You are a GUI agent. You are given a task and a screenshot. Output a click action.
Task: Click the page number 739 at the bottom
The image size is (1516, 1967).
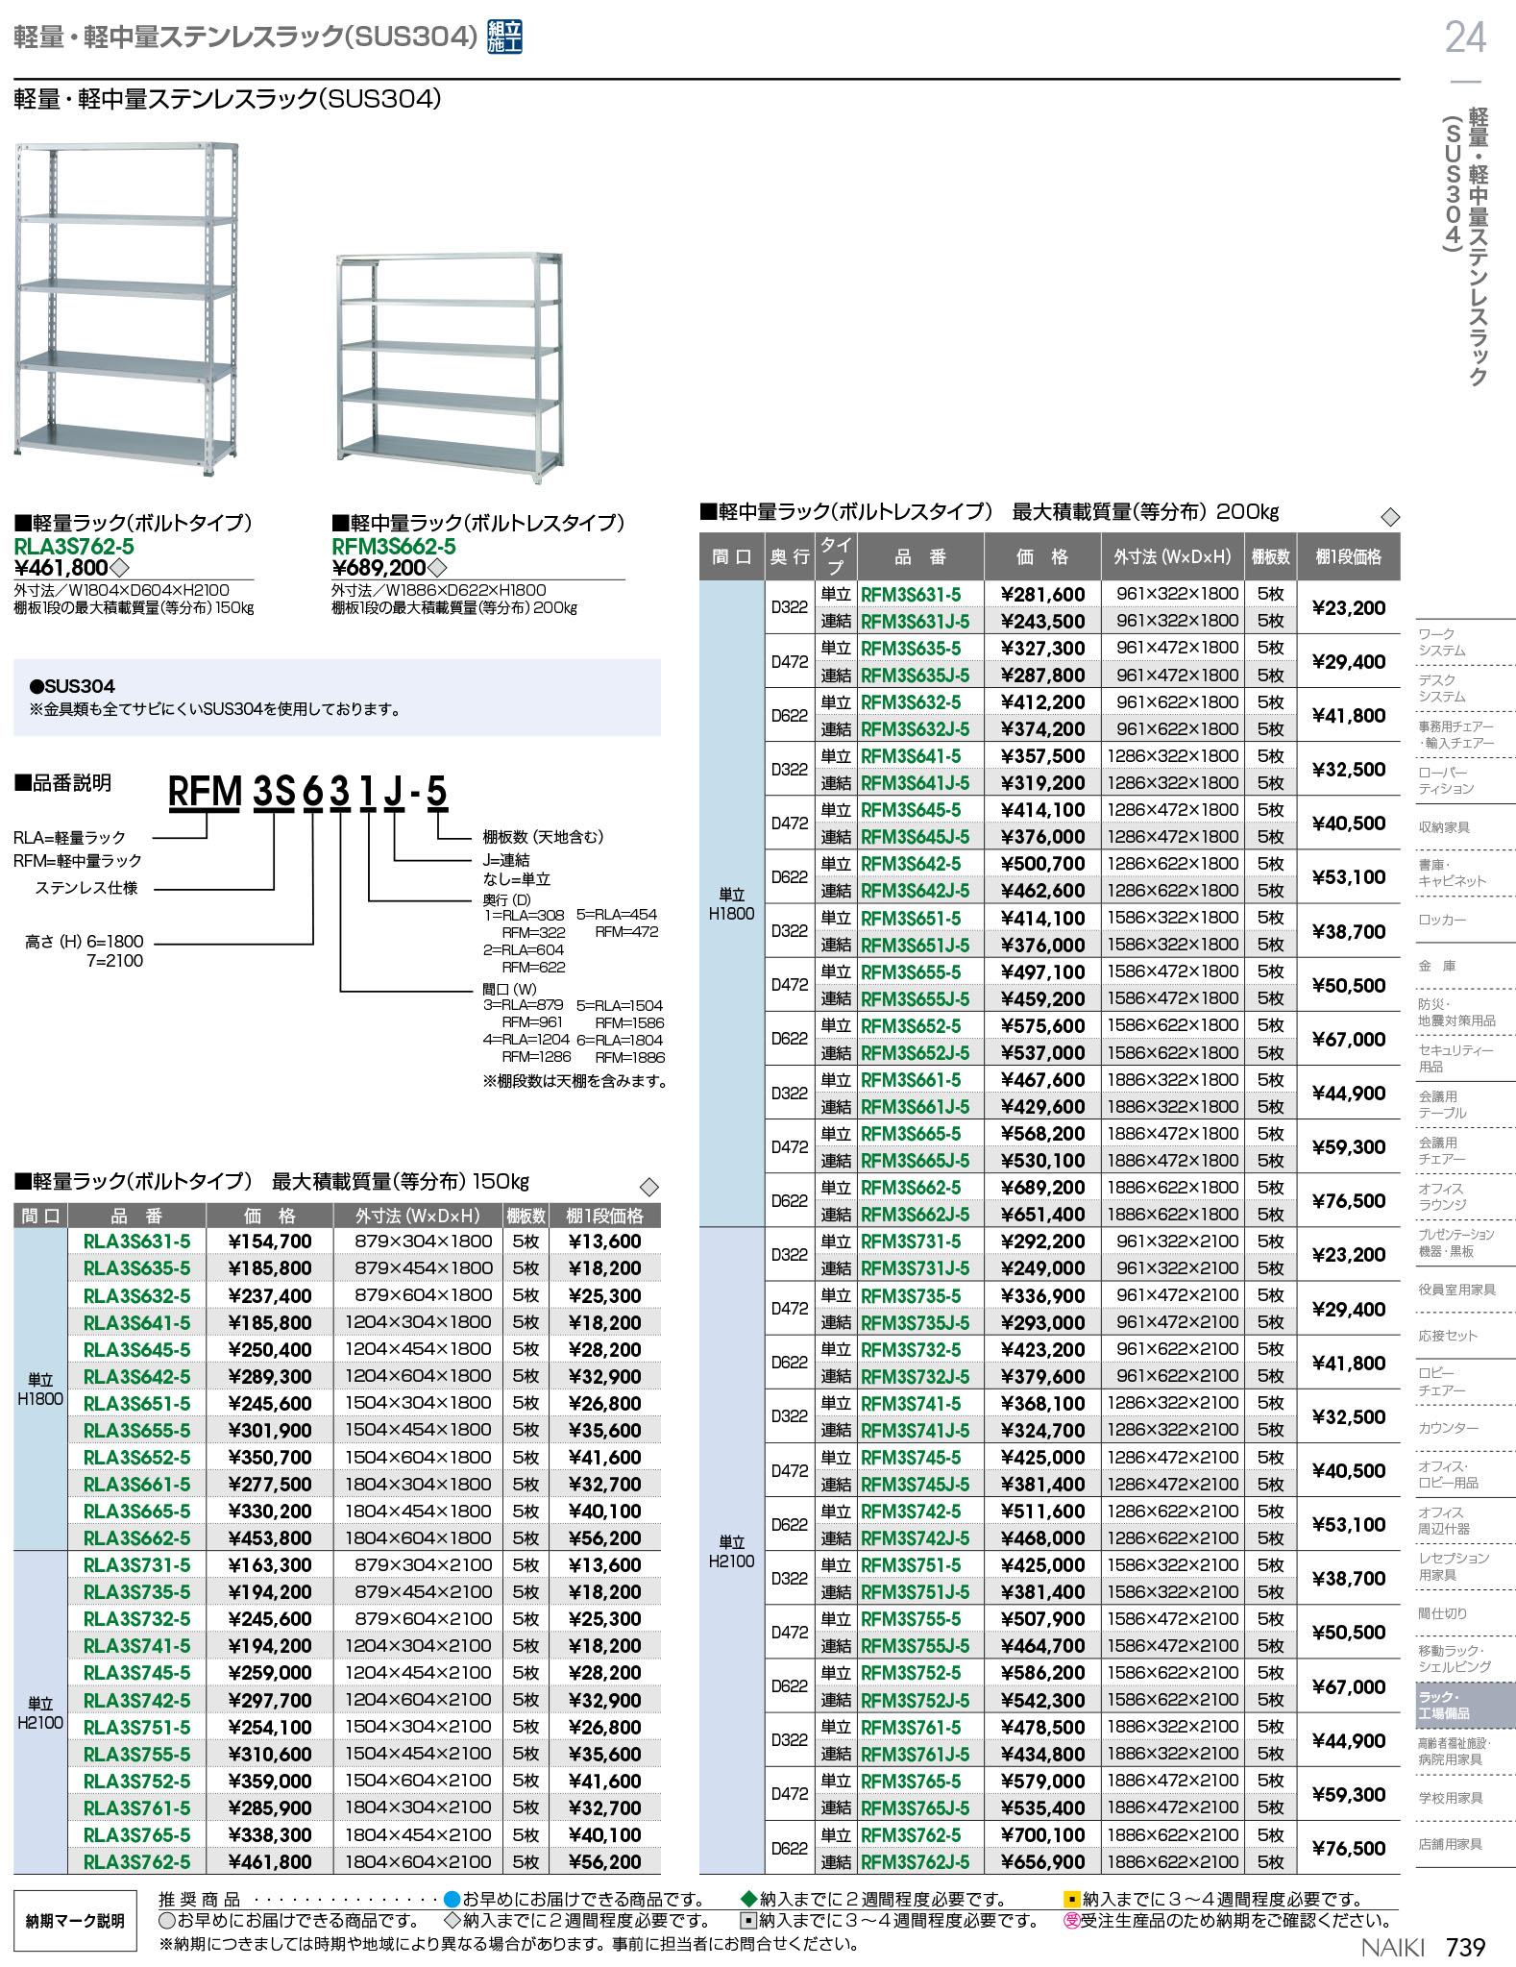[x=1465, y=1947]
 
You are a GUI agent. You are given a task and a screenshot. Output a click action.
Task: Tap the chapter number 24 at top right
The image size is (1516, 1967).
[x=1465, y=37]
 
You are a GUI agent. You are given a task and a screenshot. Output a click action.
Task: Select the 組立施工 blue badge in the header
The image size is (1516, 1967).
[x=504, y=37]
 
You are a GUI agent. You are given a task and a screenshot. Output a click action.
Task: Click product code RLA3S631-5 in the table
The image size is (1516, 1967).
[x=136, y=1242]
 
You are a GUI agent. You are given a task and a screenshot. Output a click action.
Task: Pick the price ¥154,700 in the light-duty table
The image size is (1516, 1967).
[x=270, y=1242]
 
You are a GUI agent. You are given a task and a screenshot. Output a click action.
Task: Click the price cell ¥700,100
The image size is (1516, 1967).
[x=1042, y=1835]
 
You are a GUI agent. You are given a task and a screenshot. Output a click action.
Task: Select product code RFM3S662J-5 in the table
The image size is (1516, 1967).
[x=915, y=1215]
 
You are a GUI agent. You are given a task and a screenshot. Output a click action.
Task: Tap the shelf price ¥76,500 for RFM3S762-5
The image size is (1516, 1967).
[x=1349, y=1848]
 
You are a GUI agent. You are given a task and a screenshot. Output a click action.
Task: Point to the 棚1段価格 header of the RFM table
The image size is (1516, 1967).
[x=1348, y=556]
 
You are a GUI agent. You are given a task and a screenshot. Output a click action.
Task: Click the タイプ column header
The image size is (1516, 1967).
[x=835, y=556]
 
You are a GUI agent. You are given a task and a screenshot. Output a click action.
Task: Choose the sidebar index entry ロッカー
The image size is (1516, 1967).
[x=1442, y=920]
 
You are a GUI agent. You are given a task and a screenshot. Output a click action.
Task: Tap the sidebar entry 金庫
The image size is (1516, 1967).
[x=1437, y=966]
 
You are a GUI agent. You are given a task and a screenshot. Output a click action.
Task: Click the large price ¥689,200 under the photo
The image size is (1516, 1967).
[x=379, y=568]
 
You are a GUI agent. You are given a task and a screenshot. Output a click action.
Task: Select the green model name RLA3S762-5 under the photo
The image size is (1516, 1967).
[x=74, y=546]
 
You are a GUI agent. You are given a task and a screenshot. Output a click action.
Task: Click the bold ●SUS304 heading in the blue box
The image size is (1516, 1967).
[x=72, y=686]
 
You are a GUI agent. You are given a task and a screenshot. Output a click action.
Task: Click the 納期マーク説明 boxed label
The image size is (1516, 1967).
[x=75, y=1920]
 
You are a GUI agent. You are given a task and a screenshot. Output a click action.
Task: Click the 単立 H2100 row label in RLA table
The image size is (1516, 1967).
[x=40, y=1713]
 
